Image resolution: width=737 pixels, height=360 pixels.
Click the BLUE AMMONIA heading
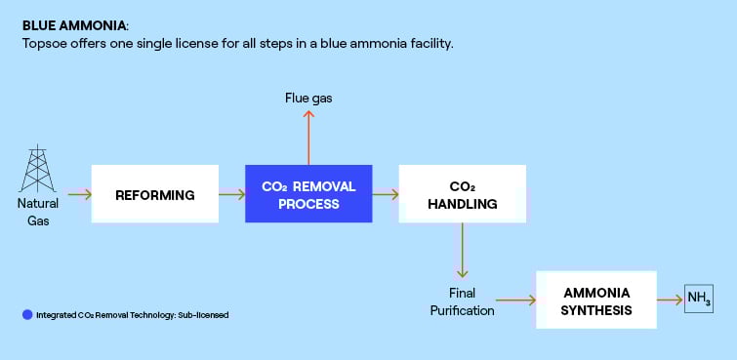click(74, 23)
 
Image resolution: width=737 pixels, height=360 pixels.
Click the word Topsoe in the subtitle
click(45, 44)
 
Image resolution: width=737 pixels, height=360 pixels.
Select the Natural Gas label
click(38, 212)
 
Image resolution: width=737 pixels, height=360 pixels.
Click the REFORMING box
click(154, 195)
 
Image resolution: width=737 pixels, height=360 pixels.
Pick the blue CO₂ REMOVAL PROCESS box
click(308, 195)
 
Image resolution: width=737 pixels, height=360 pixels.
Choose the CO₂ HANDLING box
click(462, 195)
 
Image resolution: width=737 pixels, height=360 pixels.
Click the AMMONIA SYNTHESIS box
click(596, 300)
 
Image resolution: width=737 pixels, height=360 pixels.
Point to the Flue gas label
click(308, 98)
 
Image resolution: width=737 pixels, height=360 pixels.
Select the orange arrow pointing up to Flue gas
click(308, 137)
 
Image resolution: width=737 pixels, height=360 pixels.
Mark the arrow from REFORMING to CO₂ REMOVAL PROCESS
click(231, 195)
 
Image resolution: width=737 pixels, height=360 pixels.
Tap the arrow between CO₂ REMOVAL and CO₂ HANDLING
click(386, 195)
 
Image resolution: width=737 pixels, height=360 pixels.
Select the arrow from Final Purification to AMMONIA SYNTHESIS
click(518, 300)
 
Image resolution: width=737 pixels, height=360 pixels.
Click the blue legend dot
click(26, 314)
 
